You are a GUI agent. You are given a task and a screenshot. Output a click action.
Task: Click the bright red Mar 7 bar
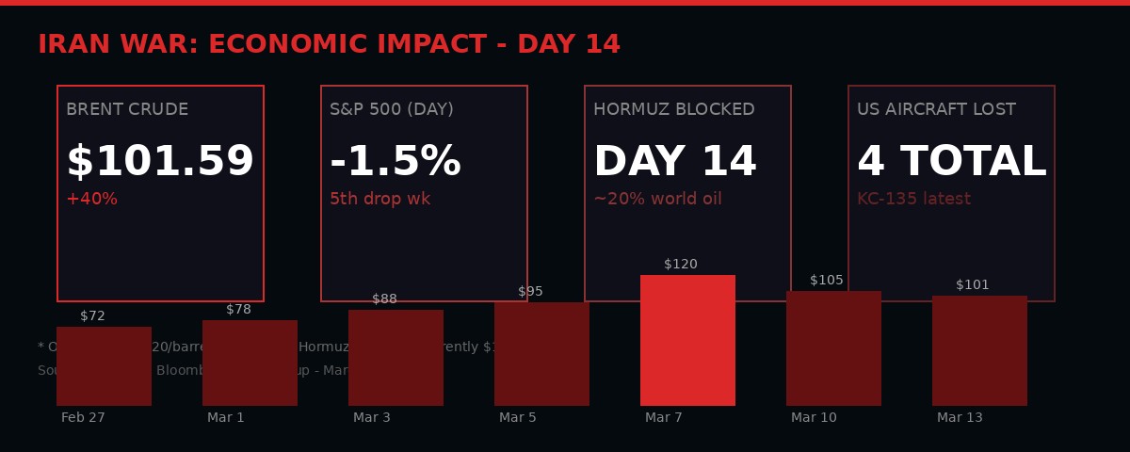[687, 340]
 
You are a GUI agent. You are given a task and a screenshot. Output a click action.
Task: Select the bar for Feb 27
[104, 366]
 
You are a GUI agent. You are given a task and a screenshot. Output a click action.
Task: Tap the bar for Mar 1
[250, 363]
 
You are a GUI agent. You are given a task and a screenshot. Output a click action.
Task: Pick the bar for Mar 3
[395, 358]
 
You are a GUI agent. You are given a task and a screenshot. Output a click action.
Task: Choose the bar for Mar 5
[541, 354]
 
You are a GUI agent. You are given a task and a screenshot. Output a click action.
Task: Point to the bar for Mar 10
[833, 348]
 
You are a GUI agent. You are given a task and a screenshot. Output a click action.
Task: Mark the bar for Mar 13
[979, 350]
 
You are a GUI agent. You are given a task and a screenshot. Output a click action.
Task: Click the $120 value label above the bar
[681, 265]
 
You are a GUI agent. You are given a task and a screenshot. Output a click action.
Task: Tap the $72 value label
[92, 316]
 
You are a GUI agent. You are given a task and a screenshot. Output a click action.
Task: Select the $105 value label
[827, 281]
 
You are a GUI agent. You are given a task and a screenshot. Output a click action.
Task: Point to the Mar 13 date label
[960, 418]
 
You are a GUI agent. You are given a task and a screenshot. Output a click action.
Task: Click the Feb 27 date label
[83, 418]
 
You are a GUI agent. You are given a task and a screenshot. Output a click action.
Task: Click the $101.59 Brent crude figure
[160, 163]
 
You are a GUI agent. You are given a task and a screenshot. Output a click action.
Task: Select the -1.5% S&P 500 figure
[395, 163]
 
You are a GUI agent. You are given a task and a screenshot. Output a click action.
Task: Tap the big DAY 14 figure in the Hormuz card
[675, 163]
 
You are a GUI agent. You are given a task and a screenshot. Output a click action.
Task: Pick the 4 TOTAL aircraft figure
[951, 163]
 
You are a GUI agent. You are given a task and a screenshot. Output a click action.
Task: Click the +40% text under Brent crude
[91, 200]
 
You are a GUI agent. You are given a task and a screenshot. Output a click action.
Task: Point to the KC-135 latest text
[913, 200]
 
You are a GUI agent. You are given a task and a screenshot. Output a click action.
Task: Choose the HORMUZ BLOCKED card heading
[673, 110]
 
